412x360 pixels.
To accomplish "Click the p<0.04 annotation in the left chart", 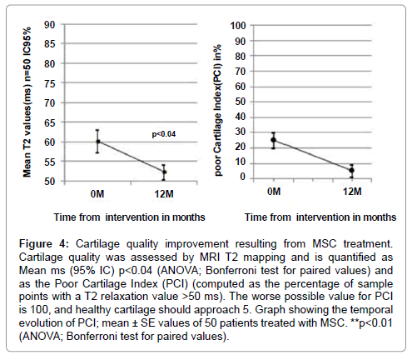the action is point(164,134).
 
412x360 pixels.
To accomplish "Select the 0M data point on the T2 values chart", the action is point(97,142).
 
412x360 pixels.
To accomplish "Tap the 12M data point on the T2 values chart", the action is point(164,172).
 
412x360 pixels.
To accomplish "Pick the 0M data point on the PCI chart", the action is point(274,140).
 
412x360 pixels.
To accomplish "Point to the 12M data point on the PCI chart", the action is point(351,170).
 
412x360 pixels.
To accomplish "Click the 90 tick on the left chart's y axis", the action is point(50,25).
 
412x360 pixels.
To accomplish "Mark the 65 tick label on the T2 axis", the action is point(50,122).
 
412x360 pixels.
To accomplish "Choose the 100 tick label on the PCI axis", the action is point(238,26).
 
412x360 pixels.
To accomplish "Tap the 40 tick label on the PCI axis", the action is point(241,117).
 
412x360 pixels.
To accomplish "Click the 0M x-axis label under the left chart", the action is point(97,193).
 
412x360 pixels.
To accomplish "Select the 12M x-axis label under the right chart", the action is point(352,192).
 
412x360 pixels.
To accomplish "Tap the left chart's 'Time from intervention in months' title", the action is point(129,217).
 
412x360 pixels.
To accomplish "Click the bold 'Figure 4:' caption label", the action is point(43,244).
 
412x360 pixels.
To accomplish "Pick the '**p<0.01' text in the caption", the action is point(372,323).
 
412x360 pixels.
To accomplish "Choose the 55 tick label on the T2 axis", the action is point(50,162).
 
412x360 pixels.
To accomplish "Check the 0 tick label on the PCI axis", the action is point(243,177).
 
